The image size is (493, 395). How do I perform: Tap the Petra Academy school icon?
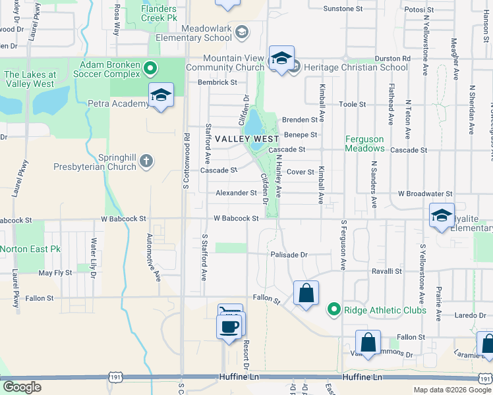click(x=160, y=96)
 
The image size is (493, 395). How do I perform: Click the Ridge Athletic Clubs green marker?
click(x=334, y=309)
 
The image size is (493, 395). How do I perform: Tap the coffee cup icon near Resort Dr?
click(x=229, y=327)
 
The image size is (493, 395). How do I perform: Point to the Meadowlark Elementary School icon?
click(x=242, y=32)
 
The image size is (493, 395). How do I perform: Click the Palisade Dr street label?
click(x=288, y=254)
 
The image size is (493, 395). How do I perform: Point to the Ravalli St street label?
click(x=387, y=271)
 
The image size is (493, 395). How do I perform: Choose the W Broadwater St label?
click(x=424, y=194)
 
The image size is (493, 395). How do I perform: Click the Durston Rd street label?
click(x=393, y=59)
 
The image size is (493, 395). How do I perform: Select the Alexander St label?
click(x=236, y=193)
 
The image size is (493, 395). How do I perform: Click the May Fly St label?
click(x=55, y=273)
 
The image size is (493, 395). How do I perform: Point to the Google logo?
click(x=22, y=387)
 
